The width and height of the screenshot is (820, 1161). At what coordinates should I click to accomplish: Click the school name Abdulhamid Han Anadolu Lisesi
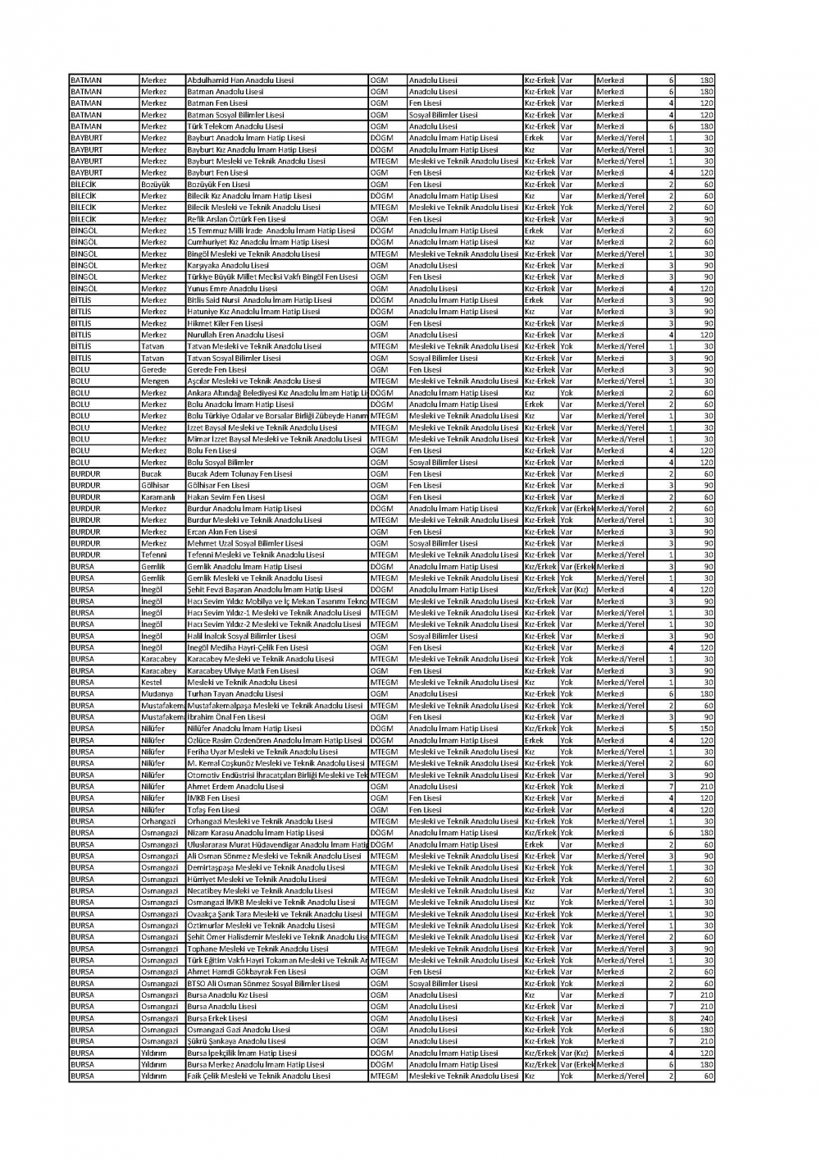coord(240,80)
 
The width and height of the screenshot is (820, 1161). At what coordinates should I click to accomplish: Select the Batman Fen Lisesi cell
coord(217,103)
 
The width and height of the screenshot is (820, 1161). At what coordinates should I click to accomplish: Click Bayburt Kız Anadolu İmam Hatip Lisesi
coord(252,150)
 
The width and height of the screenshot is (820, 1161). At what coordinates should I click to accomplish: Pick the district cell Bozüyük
coord(156,185)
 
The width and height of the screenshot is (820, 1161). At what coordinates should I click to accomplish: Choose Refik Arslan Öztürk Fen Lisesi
coord(237,219)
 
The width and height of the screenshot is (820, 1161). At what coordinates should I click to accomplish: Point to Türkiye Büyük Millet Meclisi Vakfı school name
coord(272,277)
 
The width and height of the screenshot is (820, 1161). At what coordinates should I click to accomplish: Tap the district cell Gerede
coord(153,370)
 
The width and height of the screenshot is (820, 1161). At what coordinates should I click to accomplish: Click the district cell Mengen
coord(155,382)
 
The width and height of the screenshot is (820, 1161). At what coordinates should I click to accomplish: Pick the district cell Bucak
coord(152,474)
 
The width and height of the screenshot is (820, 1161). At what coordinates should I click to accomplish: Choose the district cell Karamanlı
coord(158,497)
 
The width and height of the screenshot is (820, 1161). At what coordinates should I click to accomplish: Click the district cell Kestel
coord(152,683)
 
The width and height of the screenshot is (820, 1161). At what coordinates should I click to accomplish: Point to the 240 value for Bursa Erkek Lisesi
coord(706,1018)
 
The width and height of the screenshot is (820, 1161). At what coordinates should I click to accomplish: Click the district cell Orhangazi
coord(158,821)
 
